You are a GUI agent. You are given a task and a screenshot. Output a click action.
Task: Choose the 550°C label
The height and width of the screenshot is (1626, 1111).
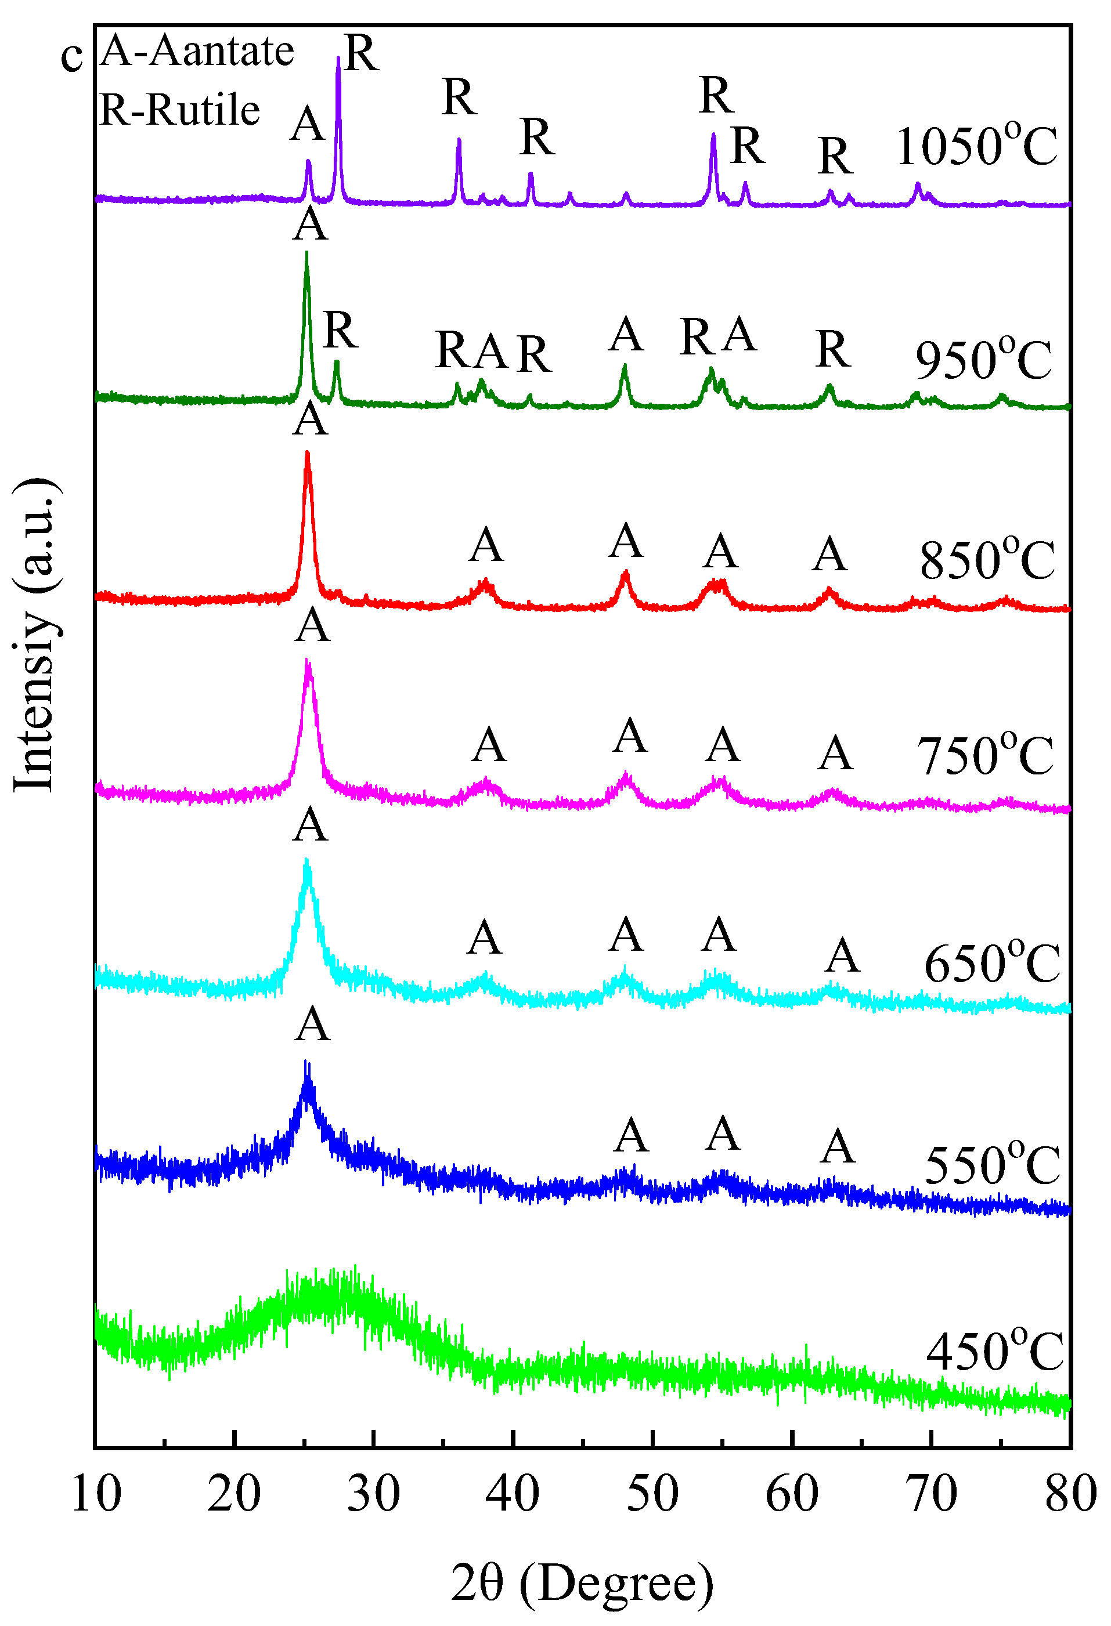[992, 1165]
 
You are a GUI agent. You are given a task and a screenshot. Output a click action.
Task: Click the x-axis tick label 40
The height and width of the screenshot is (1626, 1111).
[513, 1494]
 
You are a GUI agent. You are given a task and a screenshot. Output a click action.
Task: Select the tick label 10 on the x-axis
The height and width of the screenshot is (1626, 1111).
[96, 1494]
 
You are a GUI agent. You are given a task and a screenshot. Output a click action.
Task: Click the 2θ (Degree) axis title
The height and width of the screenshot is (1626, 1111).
[582, 1582]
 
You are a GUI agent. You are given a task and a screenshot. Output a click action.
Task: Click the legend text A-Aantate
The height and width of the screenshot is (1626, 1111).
[197, 51]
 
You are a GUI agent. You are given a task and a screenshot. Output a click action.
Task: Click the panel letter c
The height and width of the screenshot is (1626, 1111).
[71, 56]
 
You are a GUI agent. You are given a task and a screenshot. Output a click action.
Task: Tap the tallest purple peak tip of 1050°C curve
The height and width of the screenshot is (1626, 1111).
[339, 58]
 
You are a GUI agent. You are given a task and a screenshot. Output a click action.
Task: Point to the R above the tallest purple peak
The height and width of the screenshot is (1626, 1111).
[361, 53]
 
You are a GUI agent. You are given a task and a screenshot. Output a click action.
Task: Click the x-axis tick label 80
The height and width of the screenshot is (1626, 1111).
[1070, 1494]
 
